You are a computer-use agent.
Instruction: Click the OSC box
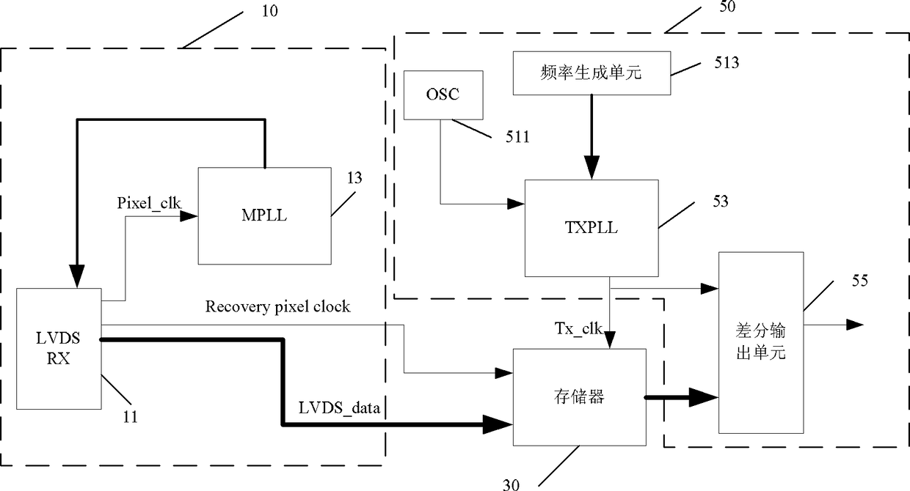(443, 95)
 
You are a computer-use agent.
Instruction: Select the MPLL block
(264, 216)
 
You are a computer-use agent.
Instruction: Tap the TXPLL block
(591, 228)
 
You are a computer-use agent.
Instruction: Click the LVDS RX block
(59, 349)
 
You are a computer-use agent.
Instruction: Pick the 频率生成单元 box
(591, 73)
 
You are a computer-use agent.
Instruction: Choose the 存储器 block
(579, 397)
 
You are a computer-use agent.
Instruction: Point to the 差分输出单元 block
(761, 342)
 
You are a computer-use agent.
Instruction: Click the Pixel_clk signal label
(149, 203)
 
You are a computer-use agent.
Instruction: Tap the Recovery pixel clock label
(277, 307)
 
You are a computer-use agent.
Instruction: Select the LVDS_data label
(339, 407)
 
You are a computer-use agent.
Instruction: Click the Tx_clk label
(578, 328)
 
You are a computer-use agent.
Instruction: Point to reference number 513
(727, 62)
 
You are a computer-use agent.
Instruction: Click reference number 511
(517, 137)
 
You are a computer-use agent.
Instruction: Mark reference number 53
(721, 202)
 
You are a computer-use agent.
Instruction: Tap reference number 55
(860, 281)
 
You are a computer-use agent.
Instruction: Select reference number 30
(511, 484)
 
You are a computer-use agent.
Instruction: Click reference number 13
(354, 178)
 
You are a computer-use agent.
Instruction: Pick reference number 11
(131, 417)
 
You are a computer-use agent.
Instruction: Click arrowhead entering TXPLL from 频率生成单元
(591, 167)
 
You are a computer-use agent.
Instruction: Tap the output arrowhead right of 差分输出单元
(855, 325)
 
